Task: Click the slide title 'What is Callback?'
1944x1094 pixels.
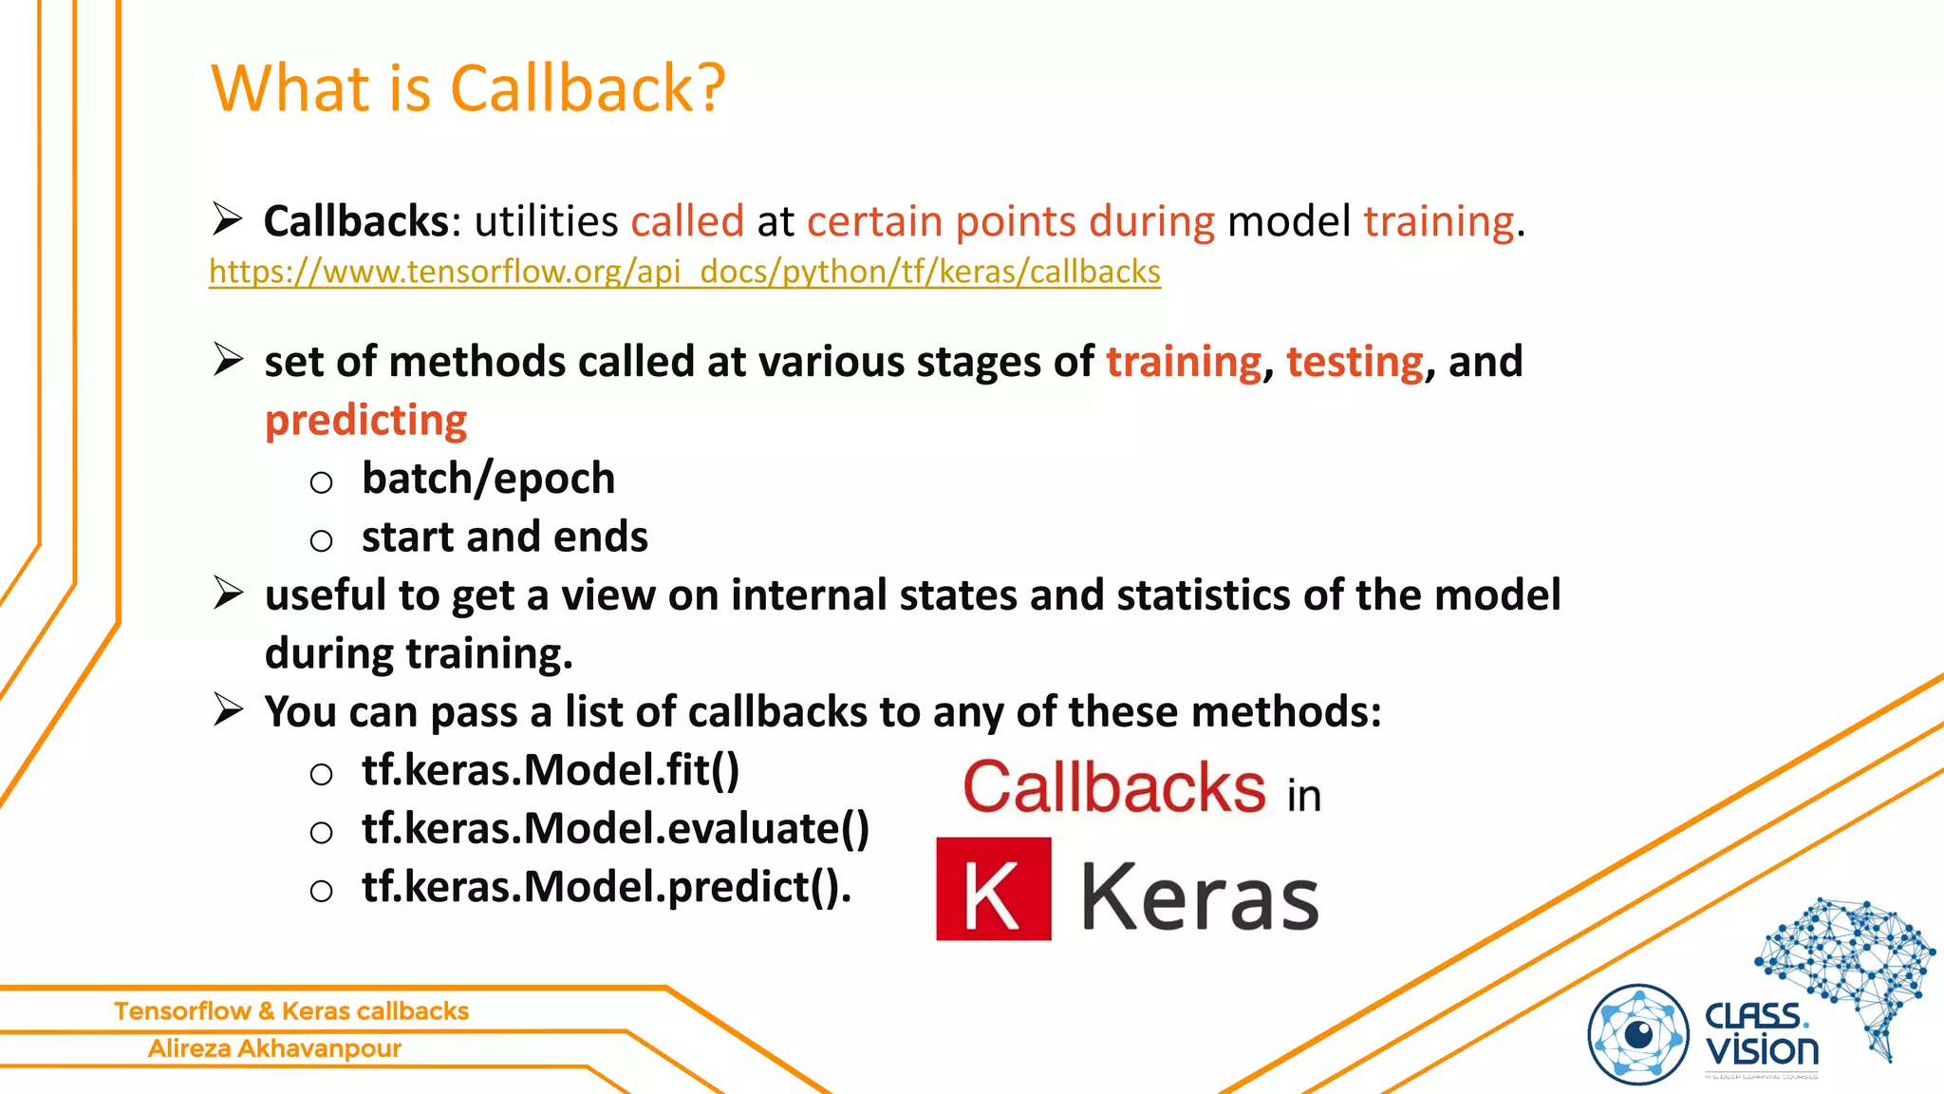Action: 468,88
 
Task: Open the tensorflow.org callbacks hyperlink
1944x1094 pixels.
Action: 684,272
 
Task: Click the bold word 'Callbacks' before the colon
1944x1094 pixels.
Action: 355,221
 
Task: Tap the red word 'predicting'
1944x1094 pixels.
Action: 365,420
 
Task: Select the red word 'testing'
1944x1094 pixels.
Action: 1355,362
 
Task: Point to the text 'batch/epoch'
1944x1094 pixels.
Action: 488,478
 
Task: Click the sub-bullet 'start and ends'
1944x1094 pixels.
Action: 504,537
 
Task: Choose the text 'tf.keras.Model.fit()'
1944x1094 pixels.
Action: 550,769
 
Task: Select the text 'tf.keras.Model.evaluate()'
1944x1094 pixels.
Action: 615,828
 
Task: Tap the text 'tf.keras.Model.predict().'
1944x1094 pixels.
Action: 607,887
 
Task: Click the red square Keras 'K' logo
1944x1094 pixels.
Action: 993,889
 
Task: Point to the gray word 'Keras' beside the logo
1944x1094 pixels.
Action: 1200,896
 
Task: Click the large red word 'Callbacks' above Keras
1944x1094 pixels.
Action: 1114,787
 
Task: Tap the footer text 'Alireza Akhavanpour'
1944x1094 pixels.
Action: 274,1048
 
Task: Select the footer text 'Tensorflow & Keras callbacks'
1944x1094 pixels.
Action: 291,1010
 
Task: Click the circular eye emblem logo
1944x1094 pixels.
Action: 1638,1034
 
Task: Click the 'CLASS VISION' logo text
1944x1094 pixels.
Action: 1761,1034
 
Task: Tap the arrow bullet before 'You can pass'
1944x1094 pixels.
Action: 228,709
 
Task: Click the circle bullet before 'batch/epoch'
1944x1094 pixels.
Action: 321,482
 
